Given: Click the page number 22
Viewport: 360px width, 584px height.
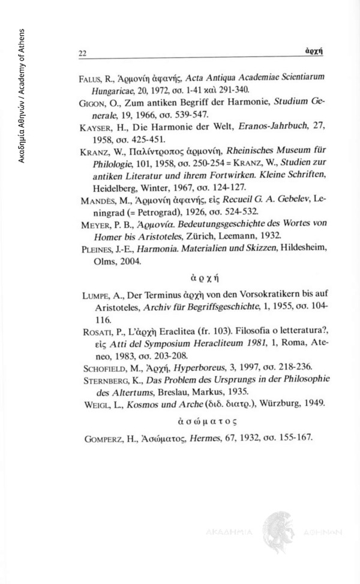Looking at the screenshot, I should tap(82, 53).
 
